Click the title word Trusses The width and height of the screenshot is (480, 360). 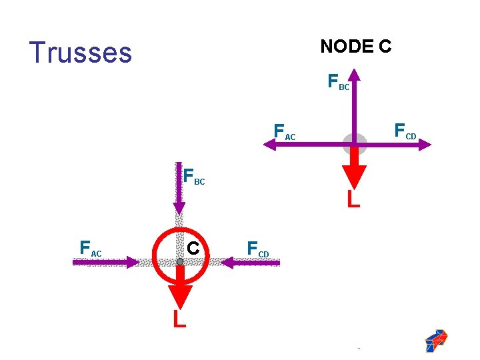click(81, 53)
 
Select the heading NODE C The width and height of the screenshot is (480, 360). click(355, 47)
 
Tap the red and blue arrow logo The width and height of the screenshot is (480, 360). click(436, 340)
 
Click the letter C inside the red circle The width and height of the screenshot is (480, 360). click(193, 248)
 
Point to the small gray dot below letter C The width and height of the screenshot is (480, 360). click(180, 262)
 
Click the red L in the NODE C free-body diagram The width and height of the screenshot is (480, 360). click(353, 198)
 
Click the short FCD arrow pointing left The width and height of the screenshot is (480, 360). click(250, 263)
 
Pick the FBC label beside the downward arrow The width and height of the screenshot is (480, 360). click(194, 177)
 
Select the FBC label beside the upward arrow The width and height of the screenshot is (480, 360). click(338, 83)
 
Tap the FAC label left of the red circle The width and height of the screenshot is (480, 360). click(90, 249)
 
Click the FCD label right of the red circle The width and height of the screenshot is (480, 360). click(257, 249)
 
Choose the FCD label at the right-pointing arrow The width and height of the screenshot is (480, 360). click(405, 131)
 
